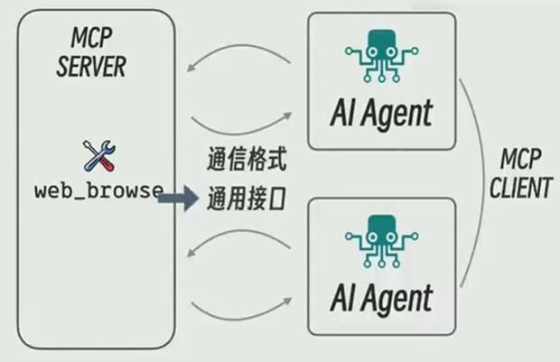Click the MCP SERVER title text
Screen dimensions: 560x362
pyautogui.click(x=91, y=52)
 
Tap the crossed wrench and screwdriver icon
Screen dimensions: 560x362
pyautogui.click(x=99, y=155)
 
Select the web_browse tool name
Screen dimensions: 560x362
pyautogui.click(x=99, y=190)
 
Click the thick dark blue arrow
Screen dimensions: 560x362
pyautogui.click(x=178, y=199)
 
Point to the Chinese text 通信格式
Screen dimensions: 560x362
pyautogui.click(x=247, y=159)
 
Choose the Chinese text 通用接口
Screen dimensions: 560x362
pyautogui.click(x=247, y=199)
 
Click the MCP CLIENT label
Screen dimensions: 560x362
pyautogui.click(x=521, y=173)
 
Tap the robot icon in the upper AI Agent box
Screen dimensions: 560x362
pyautogui.click(x=381, y=56)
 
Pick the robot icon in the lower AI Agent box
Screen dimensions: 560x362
pyautogui.click(x=381, y=241)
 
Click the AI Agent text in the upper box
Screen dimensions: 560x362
pyautogui.click(x=381, y=114)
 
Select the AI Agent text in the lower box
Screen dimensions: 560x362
pyautogui.click(x=381, y=299)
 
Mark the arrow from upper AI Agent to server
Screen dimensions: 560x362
pyautogui.click(x=240, y=45)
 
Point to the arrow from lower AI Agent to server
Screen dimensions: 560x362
pyautogui.click(x=240, y=231)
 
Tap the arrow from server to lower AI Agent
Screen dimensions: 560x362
pyautogui.click(x=240, y=319)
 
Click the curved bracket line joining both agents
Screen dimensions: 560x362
pyautogui.click(x=485, y=182)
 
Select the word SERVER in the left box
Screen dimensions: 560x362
pyautogui.click(x=91, y=67)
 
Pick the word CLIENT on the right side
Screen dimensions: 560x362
pyautogui.click(x=521, y=188)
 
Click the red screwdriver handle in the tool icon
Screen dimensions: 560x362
pyautogui.click(x=107, y=164)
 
